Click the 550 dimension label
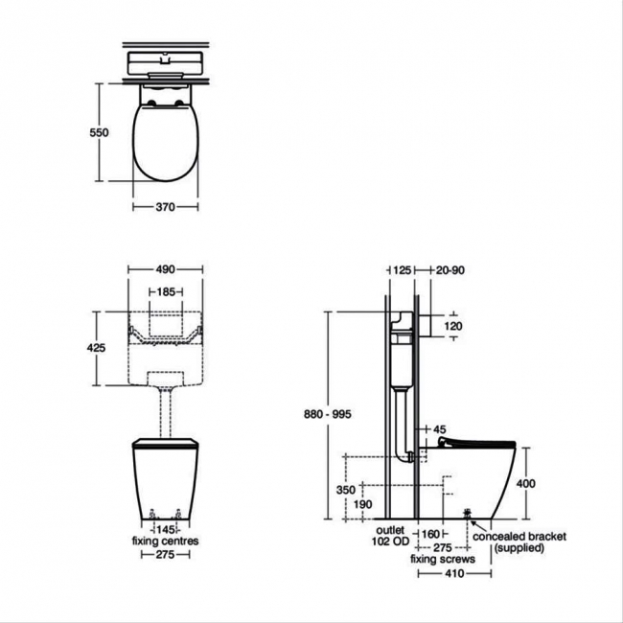tap(99, 132)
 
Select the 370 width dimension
tap(165, 207)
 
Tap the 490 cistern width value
tap(165, 269)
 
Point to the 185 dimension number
tap(166, 292)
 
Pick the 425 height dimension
tap(96, 348)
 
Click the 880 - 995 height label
tap(328, 414)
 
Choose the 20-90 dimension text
tap(450, 270)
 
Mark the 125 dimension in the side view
tap(402, 270)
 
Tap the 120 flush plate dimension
tap(453, 326)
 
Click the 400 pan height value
tap(526, 483)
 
